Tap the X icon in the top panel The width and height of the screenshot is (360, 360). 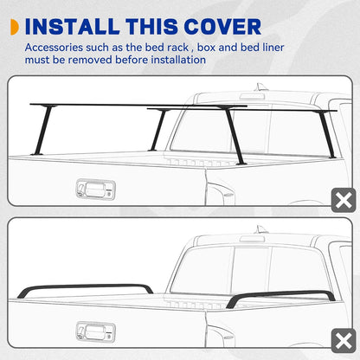(x=343, y=201)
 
